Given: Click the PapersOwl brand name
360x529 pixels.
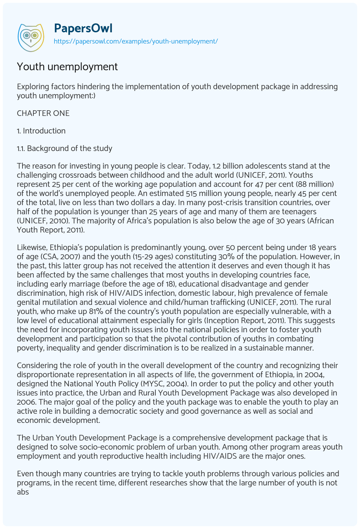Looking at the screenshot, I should click(x=83, y=28).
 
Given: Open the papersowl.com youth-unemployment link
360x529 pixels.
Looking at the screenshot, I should click(x=136, y=41).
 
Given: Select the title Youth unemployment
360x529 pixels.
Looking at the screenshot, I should click(x=67, y=67).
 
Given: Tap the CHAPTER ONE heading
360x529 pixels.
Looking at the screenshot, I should click(x=43, y=113).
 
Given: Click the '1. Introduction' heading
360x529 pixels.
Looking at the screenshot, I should click(x=41, y=131).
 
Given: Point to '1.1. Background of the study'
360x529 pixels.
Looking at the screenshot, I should click(x=64, y=148).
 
